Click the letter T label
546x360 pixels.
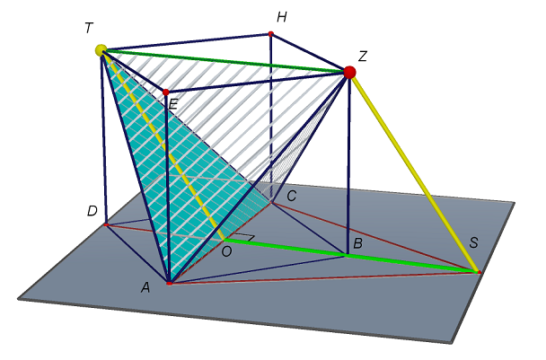click(89, 28)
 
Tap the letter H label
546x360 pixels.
click(282, 17)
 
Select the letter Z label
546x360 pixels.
click(363, 56)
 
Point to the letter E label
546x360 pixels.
click(173, 104)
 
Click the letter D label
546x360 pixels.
click(92, 211)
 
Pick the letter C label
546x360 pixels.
click(292, 196)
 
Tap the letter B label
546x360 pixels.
click(357, 243)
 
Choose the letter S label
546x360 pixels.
click(473, 242)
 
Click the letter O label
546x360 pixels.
click(226, 251)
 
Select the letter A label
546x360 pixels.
click(145, 287)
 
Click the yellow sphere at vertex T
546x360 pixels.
click(101, 50)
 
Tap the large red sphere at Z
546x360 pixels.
click(349, 73)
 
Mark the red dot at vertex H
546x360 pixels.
click(270, 34)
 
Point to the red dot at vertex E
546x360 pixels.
click(166, 92)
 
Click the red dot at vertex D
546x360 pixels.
click(106, 224)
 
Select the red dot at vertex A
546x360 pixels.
click(169, 284)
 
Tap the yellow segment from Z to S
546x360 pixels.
click(414, 172)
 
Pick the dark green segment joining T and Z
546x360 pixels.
click(225, 61)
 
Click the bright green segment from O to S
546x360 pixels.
click(351, 256)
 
